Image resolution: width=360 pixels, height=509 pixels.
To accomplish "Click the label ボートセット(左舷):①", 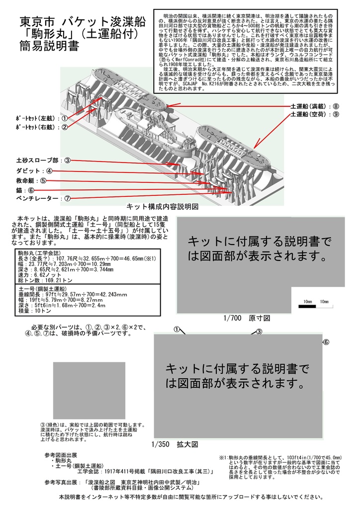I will pos(41,119).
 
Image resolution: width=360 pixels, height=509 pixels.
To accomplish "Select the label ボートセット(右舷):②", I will pos(41,127).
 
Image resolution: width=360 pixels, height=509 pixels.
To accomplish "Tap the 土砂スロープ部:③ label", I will pos(44,161).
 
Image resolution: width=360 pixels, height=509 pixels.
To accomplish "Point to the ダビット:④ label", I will pos(35,171).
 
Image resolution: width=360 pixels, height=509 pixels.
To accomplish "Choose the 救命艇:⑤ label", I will pos(31,180).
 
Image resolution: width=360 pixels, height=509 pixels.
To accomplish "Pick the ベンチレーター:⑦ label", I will pos(43,198).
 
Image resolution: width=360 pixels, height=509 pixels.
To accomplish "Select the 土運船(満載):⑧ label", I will pos(315,106).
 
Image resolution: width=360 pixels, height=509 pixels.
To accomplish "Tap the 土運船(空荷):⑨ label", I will pos(315,114).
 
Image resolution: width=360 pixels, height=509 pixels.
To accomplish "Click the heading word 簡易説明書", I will pos(49,47).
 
